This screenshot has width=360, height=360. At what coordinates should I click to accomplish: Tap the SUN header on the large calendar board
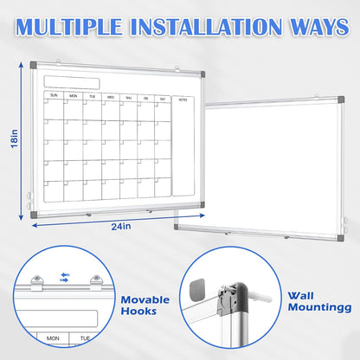pos(54,95)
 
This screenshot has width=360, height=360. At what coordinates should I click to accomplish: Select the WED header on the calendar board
pos(111,96)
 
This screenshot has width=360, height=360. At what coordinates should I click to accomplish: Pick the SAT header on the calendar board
pos(161,97)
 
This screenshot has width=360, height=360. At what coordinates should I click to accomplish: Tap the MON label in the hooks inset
pos(54,338)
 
